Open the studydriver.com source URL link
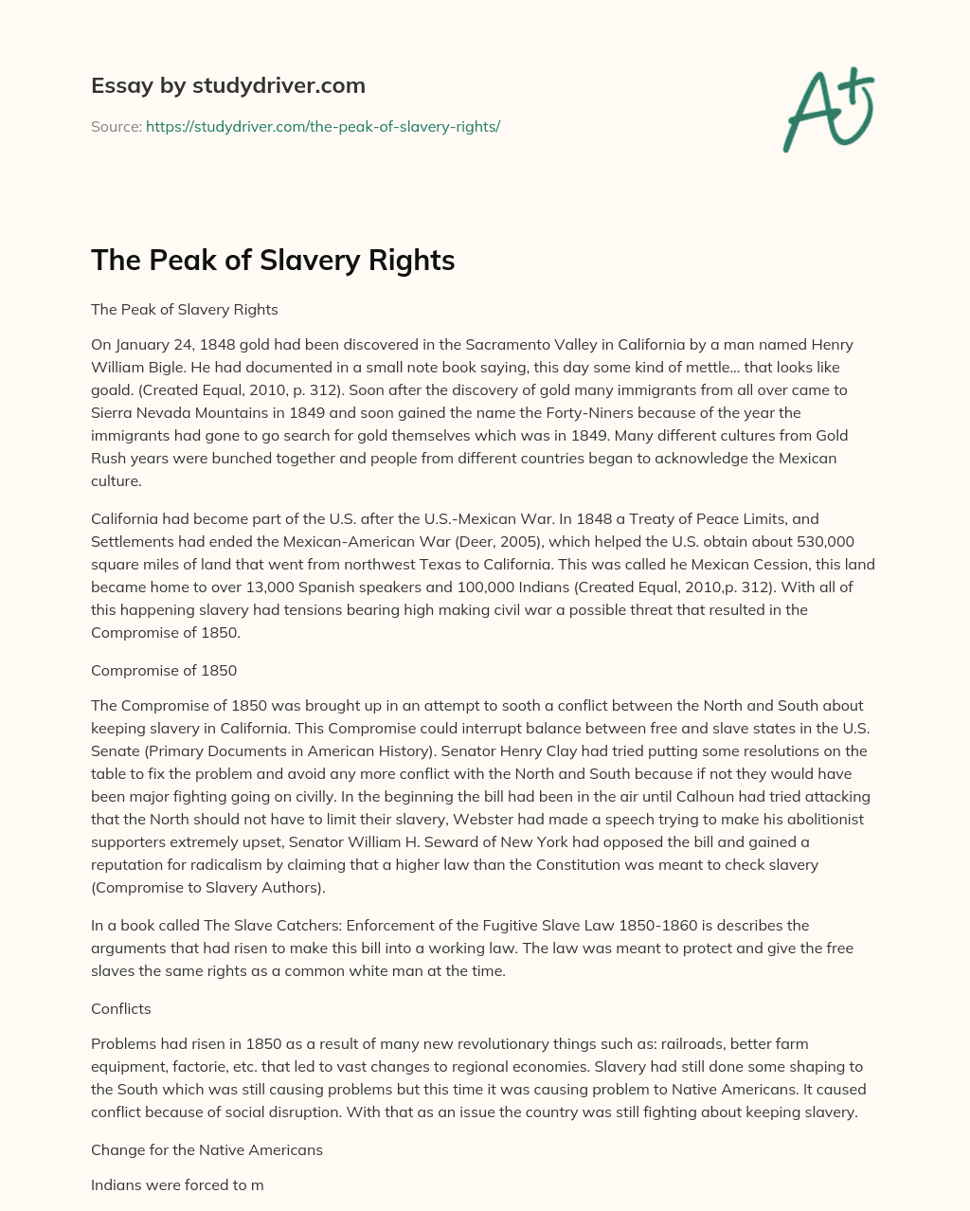[322, 126]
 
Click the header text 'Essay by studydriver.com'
[227, 85]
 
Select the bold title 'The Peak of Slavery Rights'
[273, 261]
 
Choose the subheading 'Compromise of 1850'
[164, 670]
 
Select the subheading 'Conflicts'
[121, 1009]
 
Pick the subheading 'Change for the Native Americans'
[207, 1149]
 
